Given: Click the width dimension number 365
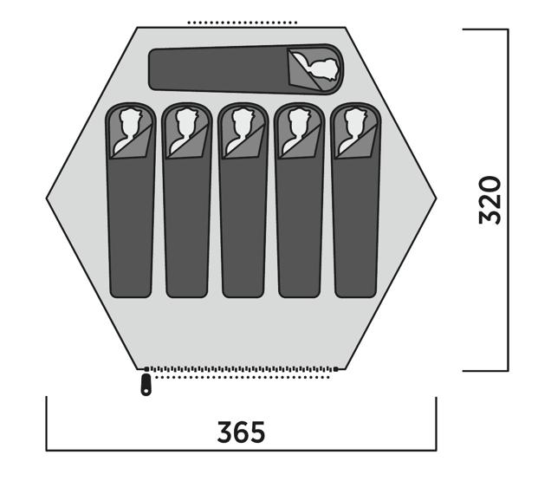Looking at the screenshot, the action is [x=241, y=432].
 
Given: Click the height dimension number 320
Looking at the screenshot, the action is [x=490, y=200].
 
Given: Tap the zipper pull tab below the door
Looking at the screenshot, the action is [x=146, y=385].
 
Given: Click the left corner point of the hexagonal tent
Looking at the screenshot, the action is [x=46, y=198].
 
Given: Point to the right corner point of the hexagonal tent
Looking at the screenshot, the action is [x=436, y=198].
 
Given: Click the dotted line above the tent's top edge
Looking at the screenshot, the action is [x=243, y=23].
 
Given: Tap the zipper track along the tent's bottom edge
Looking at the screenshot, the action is [x=241, y=369].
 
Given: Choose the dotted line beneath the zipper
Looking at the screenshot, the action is [x=243, y=377].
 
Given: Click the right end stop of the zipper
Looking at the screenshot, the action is [x=336, y=369].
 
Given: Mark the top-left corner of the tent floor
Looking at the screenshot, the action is [x=137, y=27].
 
